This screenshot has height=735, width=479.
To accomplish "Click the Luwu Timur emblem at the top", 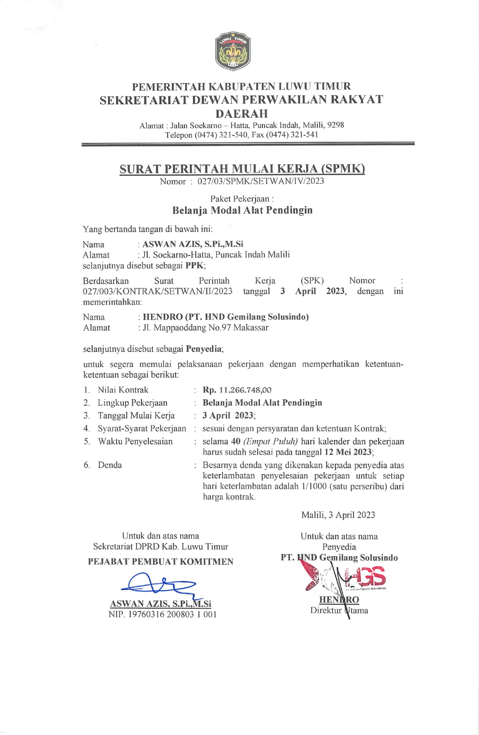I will coord(233,51).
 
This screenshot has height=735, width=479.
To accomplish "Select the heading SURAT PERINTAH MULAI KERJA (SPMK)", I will coord(242,169).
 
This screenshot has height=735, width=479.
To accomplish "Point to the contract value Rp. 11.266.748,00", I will coord(237,390).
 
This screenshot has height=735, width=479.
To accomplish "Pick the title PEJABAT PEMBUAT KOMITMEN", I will coord(160,561).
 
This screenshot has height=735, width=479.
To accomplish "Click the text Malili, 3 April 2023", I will coord(338,515).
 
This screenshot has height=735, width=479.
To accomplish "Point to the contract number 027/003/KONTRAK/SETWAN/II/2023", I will coord(157,291).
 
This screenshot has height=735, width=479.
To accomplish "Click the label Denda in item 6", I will coord(110,465).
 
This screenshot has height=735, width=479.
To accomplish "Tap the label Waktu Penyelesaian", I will coord(135,441).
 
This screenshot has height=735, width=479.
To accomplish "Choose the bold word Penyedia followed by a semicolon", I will coord(204,349).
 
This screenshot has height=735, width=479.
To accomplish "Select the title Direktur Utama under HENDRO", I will coord(339,610).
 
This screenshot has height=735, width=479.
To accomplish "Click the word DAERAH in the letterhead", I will coord(242,113).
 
